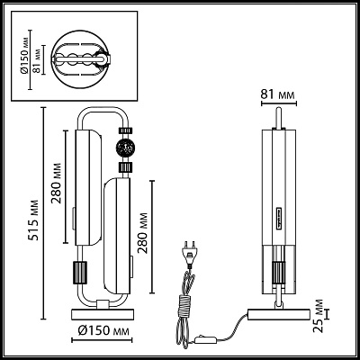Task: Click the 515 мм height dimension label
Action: [35, 220]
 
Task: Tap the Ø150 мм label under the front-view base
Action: [103, 330]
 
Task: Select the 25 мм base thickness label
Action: [319, 316]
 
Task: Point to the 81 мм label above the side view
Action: [277, 94]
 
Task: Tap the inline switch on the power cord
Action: [205, 340]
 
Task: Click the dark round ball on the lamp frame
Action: [126, 148]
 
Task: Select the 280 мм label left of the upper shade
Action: [56, 184]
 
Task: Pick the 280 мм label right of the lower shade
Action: [143, 233]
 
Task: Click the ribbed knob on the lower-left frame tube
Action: [79, 272]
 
